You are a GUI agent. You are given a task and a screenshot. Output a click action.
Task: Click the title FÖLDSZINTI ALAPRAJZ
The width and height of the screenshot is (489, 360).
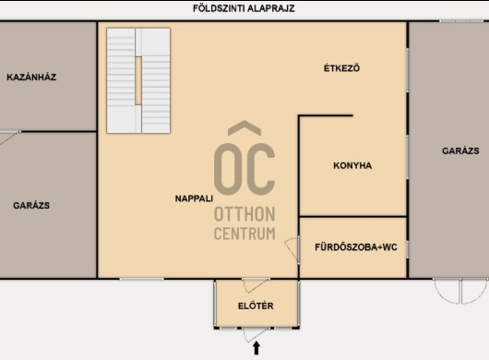[x=244, y=8]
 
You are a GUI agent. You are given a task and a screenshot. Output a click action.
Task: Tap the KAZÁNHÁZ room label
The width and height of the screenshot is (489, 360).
[x=31, y=77]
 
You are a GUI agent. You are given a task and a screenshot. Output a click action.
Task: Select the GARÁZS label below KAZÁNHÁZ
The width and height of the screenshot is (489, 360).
[x=31, y=206]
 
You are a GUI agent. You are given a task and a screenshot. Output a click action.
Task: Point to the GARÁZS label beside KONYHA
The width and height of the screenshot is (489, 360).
[x=460, y=151]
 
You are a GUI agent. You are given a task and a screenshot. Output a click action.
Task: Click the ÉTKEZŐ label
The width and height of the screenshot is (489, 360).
[x=341, y=68]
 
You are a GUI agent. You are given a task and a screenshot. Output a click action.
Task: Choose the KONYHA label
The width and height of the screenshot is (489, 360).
[x=352, y=165]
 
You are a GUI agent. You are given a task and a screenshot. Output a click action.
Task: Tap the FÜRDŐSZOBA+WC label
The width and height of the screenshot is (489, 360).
[x=356, y=247]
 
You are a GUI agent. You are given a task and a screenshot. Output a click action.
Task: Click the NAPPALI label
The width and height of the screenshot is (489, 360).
[x=194, y=198]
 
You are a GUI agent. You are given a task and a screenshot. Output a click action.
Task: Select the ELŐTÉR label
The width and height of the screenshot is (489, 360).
[x=256, y=306]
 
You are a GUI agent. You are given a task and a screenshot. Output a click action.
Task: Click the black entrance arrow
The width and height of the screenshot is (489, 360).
[x=256, y=348]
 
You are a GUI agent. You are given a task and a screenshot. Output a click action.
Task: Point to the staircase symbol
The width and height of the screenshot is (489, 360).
[x=138, y=81]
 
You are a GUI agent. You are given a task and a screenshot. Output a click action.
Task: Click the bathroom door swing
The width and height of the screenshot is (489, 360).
[x=292, y=248]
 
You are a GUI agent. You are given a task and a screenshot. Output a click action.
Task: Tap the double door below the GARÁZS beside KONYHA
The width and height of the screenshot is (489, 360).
[x=460, y=291]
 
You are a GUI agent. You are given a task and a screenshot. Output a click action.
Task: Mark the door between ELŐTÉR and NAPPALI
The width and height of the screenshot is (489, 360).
[x=255, y=285]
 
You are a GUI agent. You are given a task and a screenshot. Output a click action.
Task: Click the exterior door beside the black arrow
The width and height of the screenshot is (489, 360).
[x=255, y=335]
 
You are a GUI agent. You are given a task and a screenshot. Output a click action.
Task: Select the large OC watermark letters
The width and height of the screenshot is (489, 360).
[x=244, y=170]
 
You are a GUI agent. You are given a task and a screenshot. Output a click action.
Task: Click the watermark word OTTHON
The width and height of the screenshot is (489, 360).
[x=244, y=214]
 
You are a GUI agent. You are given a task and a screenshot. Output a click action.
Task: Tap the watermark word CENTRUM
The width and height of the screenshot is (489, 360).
[x=244, y=234]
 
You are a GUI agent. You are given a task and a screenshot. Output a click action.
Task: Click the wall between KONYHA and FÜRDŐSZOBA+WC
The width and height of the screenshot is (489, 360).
[x=353, y=216]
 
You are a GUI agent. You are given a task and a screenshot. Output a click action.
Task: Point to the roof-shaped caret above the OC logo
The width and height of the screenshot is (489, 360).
[x=244, y=128]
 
